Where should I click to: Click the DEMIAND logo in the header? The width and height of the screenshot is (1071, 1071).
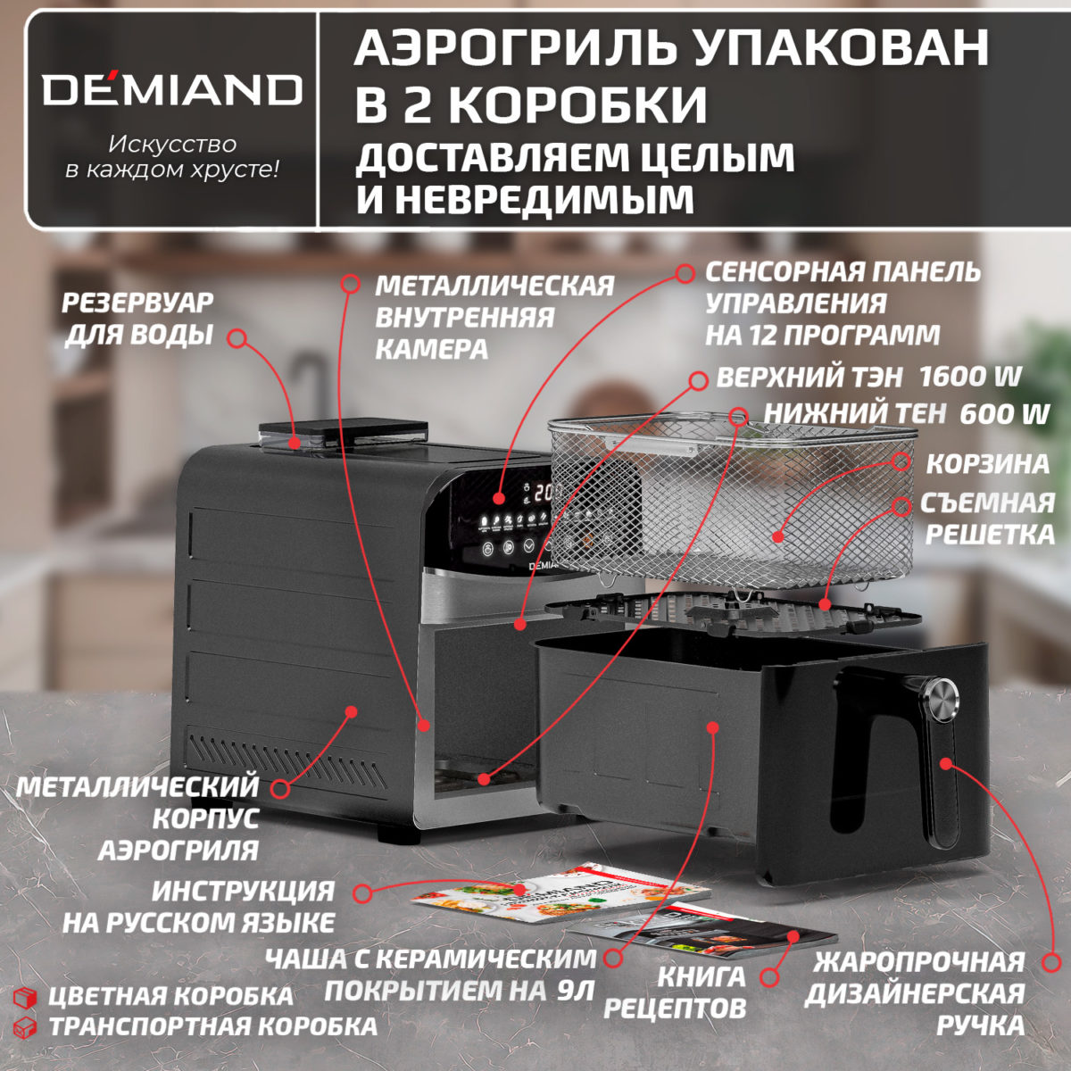pos(171,89)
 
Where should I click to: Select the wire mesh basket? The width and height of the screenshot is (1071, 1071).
pos(732,500)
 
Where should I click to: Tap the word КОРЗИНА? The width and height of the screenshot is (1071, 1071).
pos(987,464)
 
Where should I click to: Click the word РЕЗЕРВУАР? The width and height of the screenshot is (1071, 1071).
pos(137,303)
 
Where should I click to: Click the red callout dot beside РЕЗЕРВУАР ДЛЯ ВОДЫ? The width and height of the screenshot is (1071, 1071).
pos(237,338)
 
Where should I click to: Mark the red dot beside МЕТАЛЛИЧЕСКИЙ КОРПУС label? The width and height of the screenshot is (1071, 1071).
pos(279,789)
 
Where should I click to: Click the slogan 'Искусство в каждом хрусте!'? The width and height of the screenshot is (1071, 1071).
pos(171,157)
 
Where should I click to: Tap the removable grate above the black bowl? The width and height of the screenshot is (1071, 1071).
pos(732,616)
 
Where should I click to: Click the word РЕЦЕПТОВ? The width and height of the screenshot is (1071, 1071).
pos(675,1009)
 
